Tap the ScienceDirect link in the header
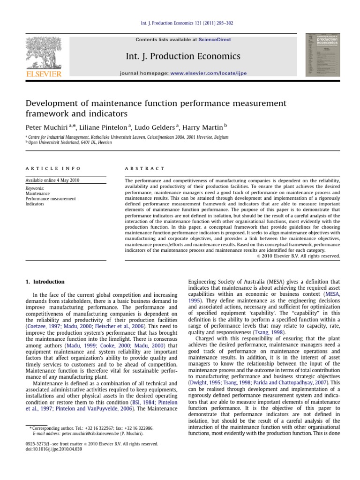point(214,40)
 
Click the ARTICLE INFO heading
point(53,168)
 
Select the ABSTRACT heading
point(145,168)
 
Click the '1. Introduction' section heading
point(45,282)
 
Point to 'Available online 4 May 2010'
point(52,180)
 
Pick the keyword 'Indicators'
point(35,204)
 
